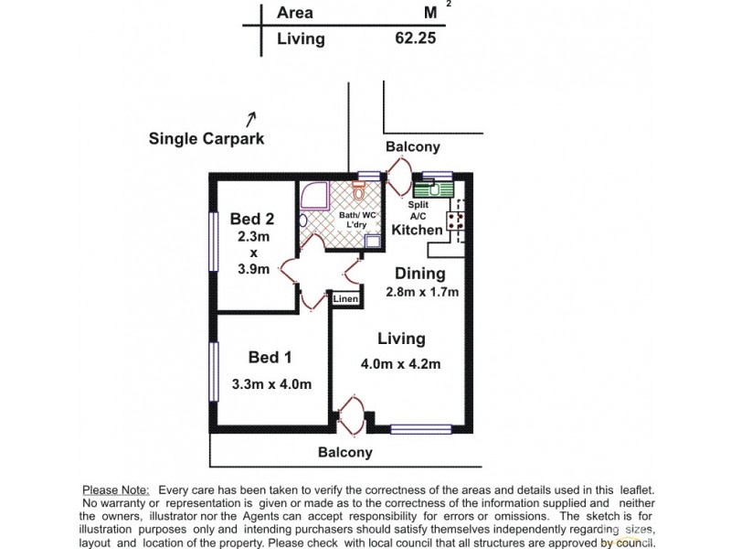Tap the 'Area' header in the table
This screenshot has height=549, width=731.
tap(294, 13)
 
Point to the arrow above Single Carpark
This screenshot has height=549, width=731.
tap(250, 118)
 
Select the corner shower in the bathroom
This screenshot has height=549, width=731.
tap(314, 196)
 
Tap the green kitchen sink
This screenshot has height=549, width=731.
tap(428, 190)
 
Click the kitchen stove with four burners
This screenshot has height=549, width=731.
tap(454, 221)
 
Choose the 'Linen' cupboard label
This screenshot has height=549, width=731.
tap(344, 299)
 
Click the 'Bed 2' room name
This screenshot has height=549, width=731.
tap(251, 219)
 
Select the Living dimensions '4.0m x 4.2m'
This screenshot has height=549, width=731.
tap(401, 363)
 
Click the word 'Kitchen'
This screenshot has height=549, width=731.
tap(417, 230)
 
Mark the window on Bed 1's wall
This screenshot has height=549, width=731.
tap(213, 371)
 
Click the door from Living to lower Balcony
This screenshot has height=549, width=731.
tap(349, 414)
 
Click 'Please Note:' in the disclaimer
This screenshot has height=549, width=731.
tap(115, 490)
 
